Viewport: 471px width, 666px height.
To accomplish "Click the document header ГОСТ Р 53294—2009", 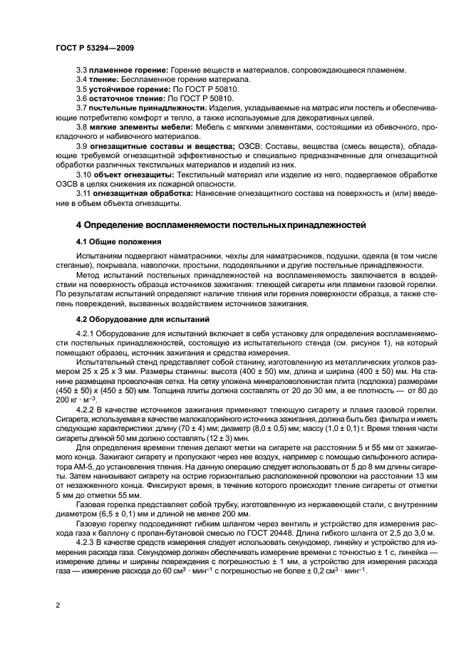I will (x=94, y=47).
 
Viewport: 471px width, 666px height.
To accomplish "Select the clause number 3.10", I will (x=84, y=174).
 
